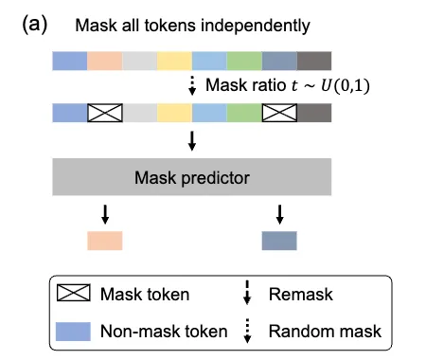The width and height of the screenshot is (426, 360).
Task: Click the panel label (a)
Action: pos(35,25)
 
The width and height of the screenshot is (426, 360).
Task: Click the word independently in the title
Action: pos(256,26)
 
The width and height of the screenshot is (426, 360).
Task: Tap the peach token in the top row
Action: pos(105,61)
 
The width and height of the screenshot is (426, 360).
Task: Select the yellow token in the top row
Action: pos(174,61)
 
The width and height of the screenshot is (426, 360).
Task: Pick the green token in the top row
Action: pos(244,61)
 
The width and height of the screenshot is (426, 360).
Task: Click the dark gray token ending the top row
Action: pos(314,61)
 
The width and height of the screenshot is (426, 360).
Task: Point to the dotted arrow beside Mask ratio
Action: pos(192,85)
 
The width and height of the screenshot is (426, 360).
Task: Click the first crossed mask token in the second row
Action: pos(105,113)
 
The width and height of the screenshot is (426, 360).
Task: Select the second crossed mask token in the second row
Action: pos(279,113)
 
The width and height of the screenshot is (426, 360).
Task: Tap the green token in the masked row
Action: pos(244,113)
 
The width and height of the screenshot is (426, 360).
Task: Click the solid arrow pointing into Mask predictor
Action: pos(192,141)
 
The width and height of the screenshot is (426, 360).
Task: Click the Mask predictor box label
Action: pos(192,178)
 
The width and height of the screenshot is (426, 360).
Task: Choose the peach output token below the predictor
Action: pos(105,241)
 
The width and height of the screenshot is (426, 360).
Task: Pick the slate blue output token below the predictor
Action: pos(279,241)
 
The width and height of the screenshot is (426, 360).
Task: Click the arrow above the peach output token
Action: pos(105,215)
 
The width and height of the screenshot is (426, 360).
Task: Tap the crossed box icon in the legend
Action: pos(74,293)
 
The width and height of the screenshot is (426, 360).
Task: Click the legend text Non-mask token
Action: pos(164,332)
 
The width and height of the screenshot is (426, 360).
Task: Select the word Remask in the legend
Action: pos(301,295)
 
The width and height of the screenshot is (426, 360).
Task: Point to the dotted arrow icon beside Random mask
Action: pos(247,331)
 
